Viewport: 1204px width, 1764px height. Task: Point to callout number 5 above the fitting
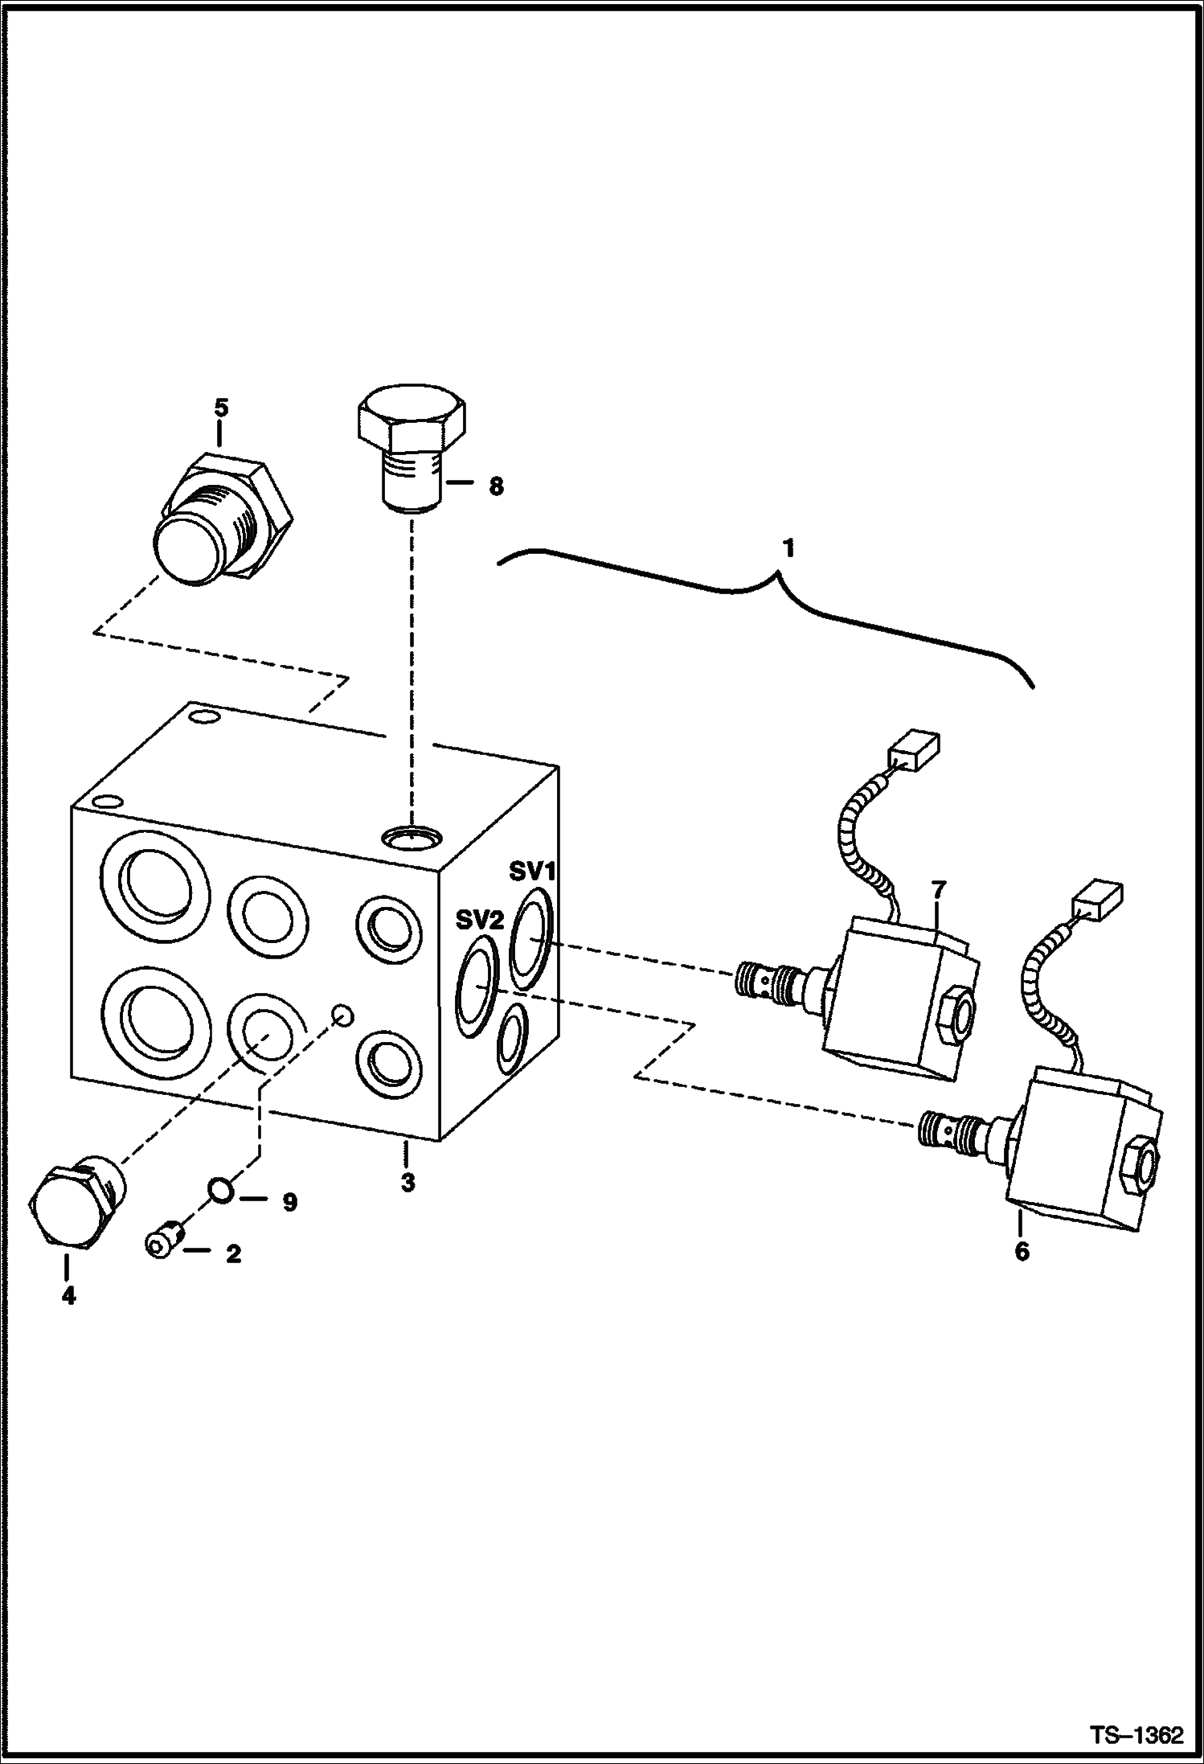(x=220, y=408)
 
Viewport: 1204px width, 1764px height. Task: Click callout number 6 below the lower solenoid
(x=1022, y=1252)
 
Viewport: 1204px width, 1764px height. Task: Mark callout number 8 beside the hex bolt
(x=496, y=486)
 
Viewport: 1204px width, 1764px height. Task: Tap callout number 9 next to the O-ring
(x=289, y=1202)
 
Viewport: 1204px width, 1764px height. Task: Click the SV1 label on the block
(x=532, y=871)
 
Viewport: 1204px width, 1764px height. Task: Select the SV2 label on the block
(x=479, y=919)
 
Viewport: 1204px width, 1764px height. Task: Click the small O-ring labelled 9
(x=220, y=1189)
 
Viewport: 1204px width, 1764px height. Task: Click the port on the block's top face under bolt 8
(x=411, y=838)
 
